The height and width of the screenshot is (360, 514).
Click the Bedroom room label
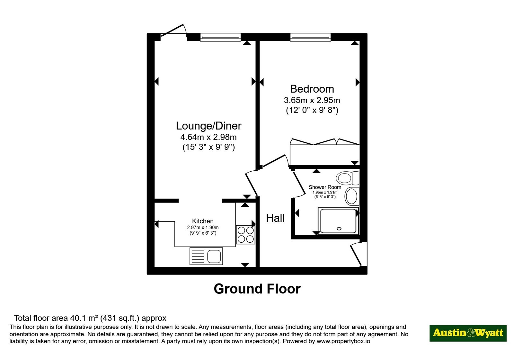312,89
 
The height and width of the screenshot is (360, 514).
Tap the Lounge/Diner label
208,126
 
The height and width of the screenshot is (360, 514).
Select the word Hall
275,218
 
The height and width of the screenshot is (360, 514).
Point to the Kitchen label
203,221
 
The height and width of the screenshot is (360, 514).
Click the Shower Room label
325,187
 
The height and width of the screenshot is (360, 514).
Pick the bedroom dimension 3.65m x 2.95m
312,100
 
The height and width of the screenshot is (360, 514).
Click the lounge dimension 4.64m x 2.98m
208,137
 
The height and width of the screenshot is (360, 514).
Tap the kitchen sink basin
214,256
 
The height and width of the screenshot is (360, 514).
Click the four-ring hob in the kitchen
245,235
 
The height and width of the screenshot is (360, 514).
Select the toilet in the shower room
347,178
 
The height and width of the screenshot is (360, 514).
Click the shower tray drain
339,229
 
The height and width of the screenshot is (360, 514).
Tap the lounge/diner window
220,37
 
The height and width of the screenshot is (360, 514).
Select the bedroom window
310,37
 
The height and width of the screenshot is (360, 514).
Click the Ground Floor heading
257,289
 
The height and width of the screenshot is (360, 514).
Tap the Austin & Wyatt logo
468,333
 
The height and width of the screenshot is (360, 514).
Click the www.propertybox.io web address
343,341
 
